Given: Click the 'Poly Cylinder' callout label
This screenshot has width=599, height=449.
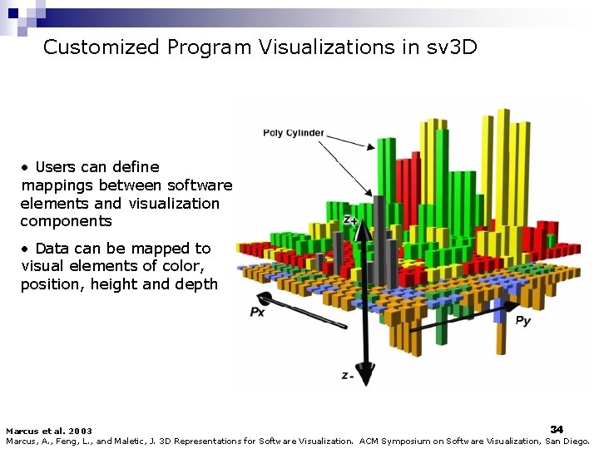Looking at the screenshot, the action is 294,133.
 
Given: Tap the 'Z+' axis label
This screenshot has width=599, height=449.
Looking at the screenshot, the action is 350,220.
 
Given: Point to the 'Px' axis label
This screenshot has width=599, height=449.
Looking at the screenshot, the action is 258,312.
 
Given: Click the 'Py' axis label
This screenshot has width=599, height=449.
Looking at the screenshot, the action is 523,320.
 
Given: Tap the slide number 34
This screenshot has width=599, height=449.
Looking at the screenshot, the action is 557,428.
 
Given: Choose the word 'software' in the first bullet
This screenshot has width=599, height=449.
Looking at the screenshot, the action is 200,185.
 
